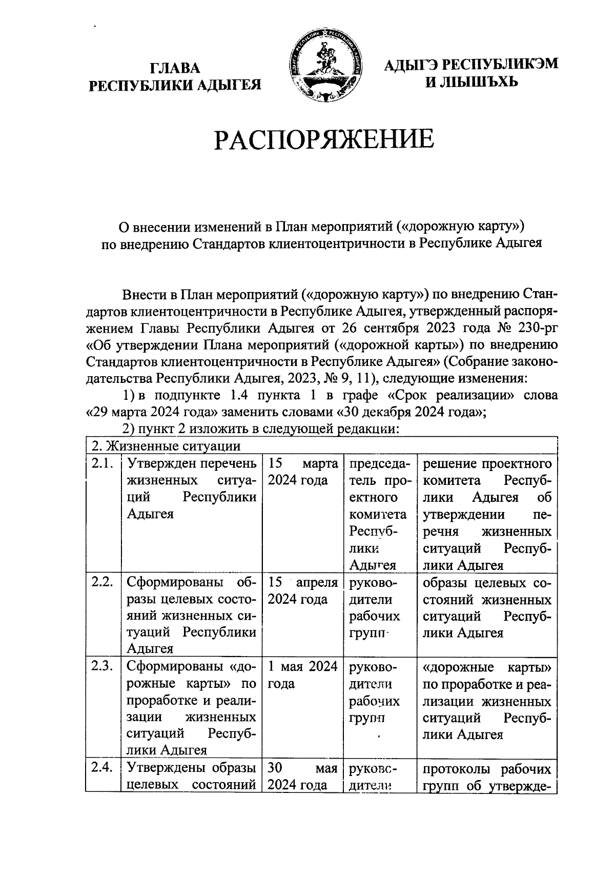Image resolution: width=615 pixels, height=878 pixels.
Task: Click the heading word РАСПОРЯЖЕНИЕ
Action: [x=324, y=139]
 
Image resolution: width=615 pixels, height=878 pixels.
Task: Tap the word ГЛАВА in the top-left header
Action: [x=175, y=69]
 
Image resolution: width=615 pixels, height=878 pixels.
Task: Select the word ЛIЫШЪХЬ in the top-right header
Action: [x=472, y=81]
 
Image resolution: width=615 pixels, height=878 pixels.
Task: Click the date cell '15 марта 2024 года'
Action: [x=302, y=472]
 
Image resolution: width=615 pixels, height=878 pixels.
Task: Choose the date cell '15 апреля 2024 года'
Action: [x=302, y=591]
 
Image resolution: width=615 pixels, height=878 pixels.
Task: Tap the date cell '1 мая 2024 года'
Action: [x=302, y=675]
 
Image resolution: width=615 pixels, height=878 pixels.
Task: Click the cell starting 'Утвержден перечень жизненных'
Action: [x=191, y=489]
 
